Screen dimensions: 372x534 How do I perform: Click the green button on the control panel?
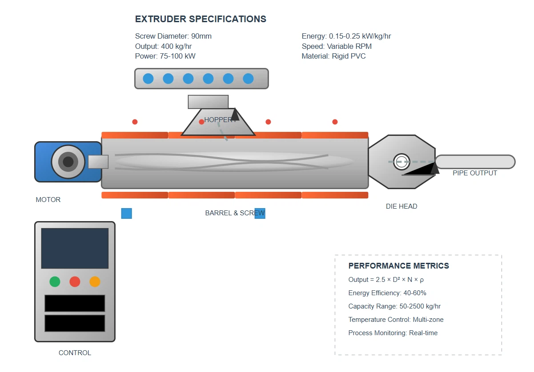[x=55, y=281]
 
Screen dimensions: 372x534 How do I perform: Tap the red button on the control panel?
[x=75, y=281]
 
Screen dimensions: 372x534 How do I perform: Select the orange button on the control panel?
[x=95, y=281]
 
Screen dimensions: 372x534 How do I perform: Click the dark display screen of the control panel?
[x=75, y=248]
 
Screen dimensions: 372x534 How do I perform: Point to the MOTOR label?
[x=48, y=200]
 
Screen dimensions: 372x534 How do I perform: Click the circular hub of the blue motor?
[x=68, y=162]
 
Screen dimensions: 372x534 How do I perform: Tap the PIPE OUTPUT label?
[x=475, y=173]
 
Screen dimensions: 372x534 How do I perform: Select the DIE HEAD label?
[x=402, y=206]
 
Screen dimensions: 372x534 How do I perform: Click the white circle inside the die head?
[x=402, y=162]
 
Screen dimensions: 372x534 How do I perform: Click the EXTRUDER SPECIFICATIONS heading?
[x=201, y=19]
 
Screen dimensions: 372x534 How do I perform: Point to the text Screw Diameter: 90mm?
[x=173, y=36]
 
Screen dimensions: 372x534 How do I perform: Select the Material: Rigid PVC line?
[x=333, y=56]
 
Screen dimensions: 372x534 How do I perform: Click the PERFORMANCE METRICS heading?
[x=398, y=266]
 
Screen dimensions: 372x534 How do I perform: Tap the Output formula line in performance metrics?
[x=386, y=280]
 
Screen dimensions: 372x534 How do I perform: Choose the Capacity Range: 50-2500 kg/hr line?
[x=394, y=306]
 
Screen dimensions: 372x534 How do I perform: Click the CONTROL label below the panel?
[x=75, y=353]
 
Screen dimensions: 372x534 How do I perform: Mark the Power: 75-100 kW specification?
[x=165, y=56]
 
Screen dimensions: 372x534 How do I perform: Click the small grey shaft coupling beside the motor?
[x=98, y=162]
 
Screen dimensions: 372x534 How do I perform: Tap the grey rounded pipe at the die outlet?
[x=475, y=162]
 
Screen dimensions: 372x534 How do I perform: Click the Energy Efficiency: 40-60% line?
[x=387, y=293]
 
